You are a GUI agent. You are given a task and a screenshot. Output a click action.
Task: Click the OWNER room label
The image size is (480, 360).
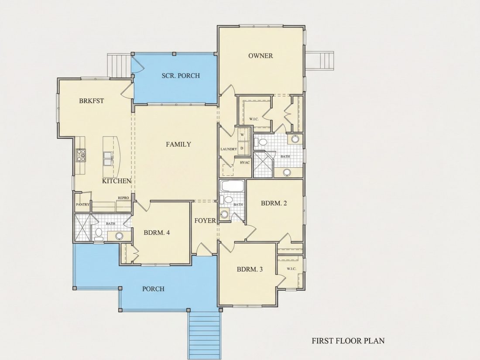click(261, 56)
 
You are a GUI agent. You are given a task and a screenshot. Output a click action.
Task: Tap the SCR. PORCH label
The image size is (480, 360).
click(181, 75)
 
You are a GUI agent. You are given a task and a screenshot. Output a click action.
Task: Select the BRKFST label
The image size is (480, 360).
click(92, 101)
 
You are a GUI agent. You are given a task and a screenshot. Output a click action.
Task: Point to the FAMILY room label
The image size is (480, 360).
click(178, 144)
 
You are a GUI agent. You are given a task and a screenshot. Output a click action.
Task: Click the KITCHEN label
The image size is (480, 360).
click(117, 181)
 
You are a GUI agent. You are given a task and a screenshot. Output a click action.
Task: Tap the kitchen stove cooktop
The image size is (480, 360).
click(81, 155)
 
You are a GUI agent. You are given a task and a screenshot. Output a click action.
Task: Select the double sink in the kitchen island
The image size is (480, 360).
click(108, 158)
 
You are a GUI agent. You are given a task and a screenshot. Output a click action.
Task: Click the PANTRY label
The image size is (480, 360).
click(82, 205)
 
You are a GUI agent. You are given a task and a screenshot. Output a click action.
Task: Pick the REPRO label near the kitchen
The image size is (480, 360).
click(123, 198)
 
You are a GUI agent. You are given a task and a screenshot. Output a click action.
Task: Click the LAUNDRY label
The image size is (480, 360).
click(229, 149)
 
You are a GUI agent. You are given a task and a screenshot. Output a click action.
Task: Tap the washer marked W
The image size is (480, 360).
click(242, 135)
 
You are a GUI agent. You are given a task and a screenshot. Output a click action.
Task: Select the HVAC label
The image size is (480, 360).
click(245, 163)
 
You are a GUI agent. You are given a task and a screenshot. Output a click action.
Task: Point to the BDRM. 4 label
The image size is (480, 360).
click(157, 233)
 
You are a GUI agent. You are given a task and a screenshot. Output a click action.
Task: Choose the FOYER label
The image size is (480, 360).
click(205, 221)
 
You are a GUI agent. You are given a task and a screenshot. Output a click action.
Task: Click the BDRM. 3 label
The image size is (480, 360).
click(250, 269)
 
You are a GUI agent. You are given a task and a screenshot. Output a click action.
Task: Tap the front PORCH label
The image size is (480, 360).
click(153, 289)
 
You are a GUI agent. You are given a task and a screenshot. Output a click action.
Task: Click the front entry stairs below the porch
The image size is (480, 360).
click(205, 336)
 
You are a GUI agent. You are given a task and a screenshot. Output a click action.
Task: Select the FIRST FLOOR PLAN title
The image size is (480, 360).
click(348, 341)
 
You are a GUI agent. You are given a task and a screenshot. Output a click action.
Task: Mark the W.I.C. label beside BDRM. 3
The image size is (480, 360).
click(291, 269)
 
